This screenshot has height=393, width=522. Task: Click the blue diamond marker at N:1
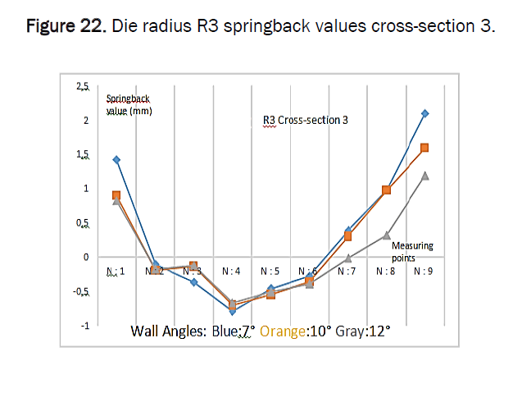pos(116,159)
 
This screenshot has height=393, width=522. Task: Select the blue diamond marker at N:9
pos(424,113)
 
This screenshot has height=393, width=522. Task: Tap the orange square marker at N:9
pos(424,148)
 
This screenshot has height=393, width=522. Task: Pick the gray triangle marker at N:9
pos(424,175)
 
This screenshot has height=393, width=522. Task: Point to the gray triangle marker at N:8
pos(386,235)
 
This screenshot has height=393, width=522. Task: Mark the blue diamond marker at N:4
pos(233,312)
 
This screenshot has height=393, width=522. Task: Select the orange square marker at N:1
pos(116,195)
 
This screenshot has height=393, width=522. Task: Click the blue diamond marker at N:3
pos(193,282)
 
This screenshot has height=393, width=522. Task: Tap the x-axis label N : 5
pos(271,270)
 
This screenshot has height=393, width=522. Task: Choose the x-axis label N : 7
pos(347,270)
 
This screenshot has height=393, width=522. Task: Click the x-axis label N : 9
pos(424,270)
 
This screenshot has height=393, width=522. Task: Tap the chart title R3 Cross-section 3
pos(300,120)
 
